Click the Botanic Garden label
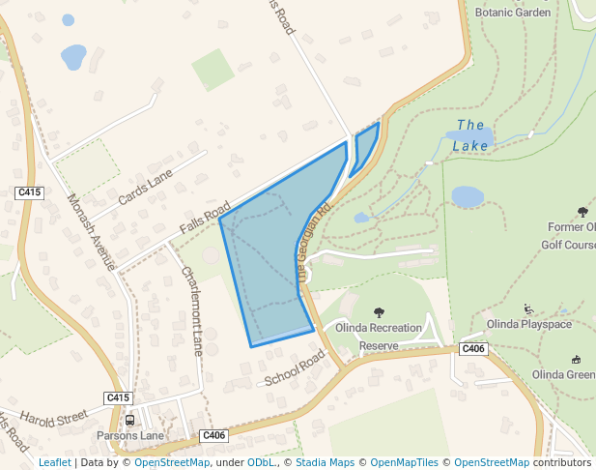[513, 13]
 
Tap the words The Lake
[470, 135]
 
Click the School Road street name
[295, 367]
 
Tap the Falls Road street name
[204, 220]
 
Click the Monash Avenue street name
[92, 232]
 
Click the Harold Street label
[53, 421]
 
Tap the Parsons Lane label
[130, 436]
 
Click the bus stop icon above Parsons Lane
[129, 420]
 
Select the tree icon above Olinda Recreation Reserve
[378, 311]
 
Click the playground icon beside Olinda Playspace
[528, 309]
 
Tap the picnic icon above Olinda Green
[577, 359]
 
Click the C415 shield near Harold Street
[118, 397]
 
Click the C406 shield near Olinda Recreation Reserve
[472, 348]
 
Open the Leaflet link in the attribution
[54, 463]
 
